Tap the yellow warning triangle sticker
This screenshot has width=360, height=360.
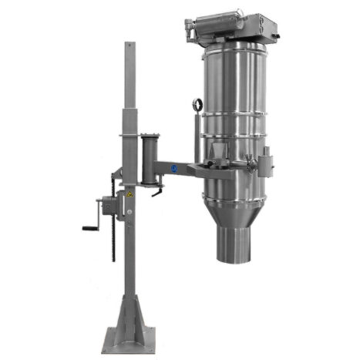click(130, 194)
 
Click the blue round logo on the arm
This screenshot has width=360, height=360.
click(174, 167)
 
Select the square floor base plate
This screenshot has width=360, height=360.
click(128, 337)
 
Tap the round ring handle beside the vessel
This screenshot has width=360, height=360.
click(198, 106)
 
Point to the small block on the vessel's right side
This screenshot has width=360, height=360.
click(266, 163)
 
